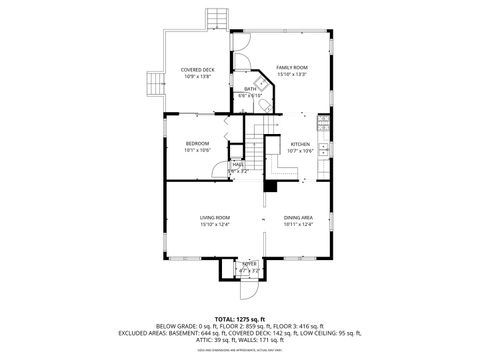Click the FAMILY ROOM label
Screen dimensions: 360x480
click(292, 66)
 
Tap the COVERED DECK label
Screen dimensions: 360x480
click(196, 69)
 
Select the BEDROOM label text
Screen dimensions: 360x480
click(197, 144)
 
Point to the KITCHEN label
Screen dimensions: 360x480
click(300, 144)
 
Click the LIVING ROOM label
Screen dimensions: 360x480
click(215, 217)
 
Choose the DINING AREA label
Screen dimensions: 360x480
click(298, 217)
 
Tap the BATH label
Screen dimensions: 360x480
click(250, 89)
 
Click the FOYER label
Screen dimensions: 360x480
click(249, 263)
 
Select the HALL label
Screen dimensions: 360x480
click(239, 164)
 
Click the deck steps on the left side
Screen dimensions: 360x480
click(156, 84)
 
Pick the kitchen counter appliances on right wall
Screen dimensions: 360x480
click(323, 125)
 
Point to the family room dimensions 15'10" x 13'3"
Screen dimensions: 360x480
click(292, 74)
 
